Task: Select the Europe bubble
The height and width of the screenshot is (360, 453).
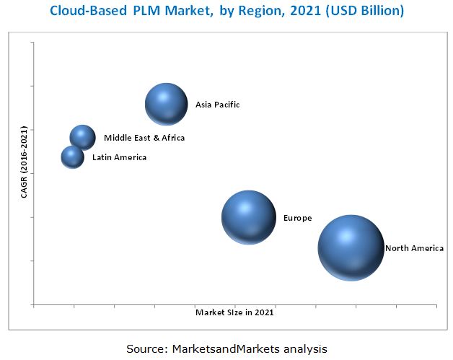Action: tap(248, 217)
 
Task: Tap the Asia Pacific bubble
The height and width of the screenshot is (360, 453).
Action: tap(167, 105)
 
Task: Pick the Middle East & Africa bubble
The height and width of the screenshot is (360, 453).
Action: tap(82, 137)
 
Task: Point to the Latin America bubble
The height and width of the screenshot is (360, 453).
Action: tap(72, 157)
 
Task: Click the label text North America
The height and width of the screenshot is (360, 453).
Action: tap(414, 248)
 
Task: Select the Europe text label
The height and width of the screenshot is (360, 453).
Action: tap(297, 218)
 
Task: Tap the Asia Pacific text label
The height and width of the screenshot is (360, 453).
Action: tap(217, 105)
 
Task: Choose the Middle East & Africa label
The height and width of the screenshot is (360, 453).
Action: tap(144, 138)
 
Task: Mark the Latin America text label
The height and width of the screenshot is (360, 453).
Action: tap(119, 157)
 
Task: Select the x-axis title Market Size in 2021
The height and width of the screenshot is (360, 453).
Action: tap(234, 312)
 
